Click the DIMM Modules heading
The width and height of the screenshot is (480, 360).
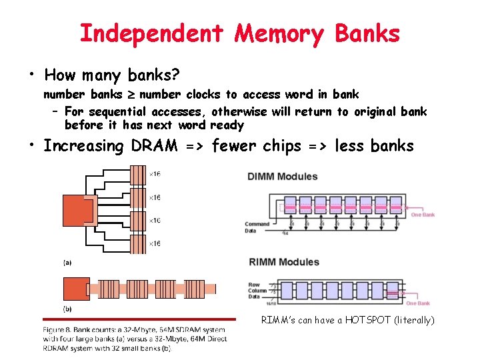(x=283, y=177)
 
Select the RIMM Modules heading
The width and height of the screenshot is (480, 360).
(x=283, y=262)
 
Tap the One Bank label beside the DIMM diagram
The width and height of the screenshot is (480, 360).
(x=423, y=215)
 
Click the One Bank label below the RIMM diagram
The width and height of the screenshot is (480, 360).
(x=418, y=303)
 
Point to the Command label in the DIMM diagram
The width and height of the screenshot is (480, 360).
(x=257, y=224)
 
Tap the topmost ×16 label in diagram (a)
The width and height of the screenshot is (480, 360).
(x=154, y=174)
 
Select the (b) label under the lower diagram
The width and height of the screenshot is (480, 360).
(x=68, y=309)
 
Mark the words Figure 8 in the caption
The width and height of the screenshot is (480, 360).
(x=59, y=329)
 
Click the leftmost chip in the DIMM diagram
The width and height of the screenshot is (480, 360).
(x=290, y=206)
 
